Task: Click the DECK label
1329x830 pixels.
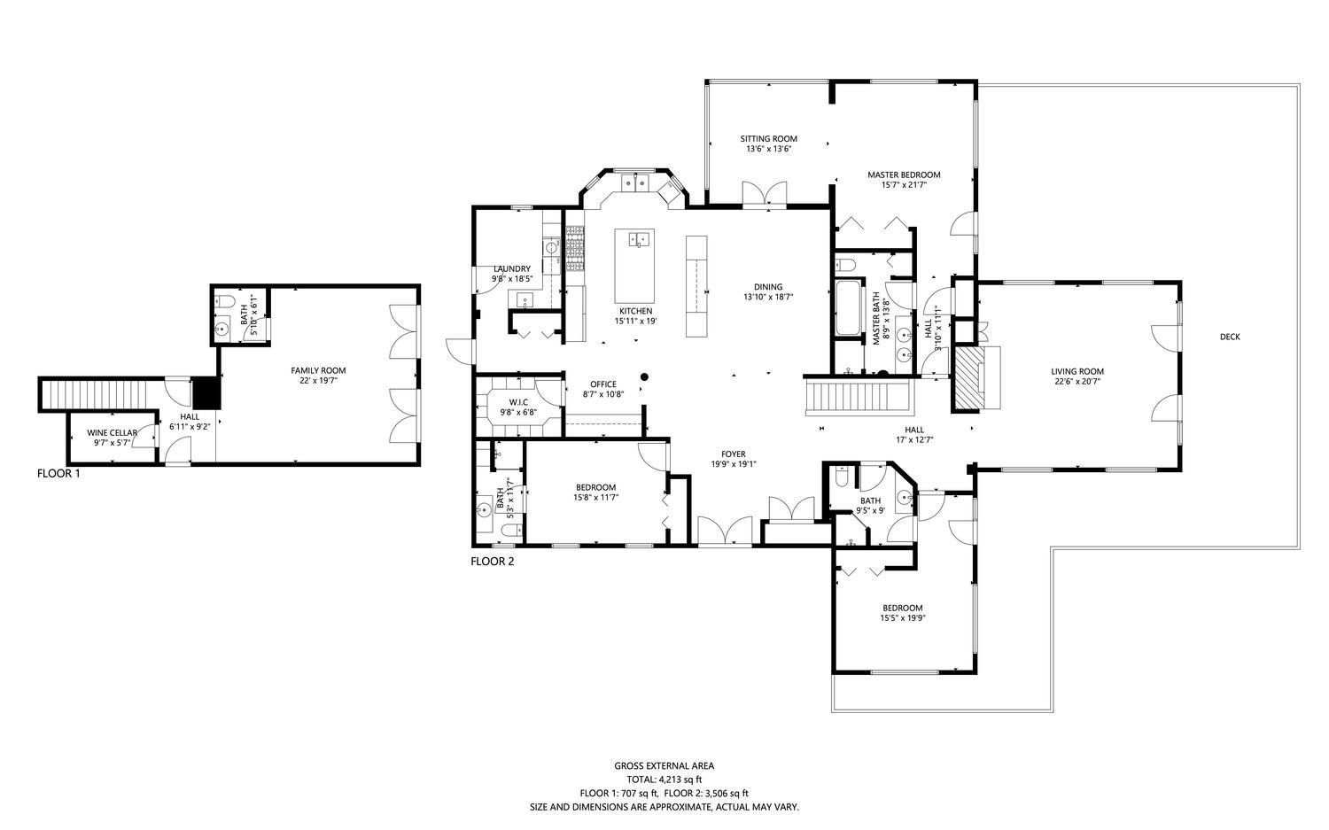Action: click(x=1230, y=337)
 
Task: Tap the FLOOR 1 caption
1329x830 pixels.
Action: click(x=58, y=473)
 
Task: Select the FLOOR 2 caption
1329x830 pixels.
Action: click(x=493, y=562)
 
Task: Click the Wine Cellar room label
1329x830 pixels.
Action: click(x=113, y=433)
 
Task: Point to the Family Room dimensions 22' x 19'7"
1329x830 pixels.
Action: click(x=319, y=381)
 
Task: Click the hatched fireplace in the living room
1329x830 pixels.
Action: click(x=968, y=379)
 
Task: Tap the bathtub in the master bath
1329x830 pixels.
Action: click(x=849, y=308)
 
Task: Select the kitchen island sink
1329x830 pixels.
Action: click(x=639, y=239)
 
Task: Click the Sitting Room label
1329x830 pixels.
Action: click(x=769, y=139)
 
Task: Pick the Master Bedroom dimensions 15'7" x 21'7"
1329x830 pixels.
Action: click(x=905, y=184)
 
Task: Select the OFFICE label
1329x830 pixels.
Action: click(x=603, y=384)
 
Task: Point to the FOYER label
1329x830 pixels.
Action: click(x=734, y=454)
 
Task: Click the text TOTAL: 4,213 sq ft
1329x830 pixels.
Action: click(x=664, y=780)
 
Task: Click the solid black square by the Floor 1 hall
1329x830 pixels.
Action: click(x=207, y=393)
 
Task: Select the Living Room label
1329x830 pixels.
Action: click(x=1077, y=372)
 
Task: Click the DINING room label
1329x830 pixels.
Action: click(x=768, y=287)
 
